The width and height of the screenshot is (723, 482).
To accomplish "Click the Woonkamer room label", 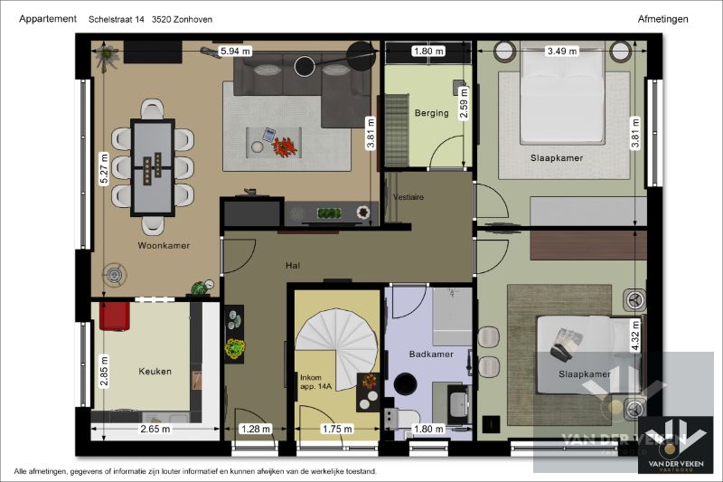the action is [x=164, y=245].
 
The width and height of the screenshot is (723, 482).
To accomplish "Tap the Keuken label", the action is [x=155, y=372].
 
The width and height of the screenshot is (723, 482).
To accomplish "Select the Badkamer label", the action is [x=431, y=354].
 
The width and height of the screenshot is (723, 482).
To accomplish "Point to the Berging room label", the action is [x=431, y=113].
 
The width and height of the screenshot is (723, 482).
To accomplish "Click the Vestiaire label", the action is [x=408, y=197].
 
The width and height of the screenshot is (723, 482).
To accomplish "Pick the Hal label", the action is [x=293, y=265].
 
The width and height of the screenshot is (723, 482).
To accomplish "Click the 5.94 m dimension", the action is [x=236, y=51].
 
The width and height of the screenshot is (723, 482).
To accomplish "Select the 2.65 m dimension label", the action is [x=155, y=429].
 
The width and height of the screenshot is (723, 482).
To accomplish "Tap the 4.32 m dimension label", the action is [x=635, y=336].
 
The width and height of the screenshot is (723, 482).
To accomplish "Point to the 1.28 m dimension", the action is [x=256, y=429].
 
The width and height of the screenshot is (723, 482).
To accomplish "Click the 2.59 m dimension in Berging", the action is [x=464, y=103].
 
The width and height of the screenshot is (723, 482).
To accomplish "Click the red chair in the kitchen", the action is [x=115, y=316].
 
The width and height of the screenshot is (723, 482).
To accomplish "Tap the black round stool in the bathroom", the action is [x=405, y=383].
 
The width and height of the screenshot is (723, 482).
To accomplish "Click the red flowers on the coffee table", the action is [x=285, y=146].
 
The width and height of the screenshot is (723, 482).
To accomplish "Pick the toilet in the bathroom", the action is [x=400, y=419].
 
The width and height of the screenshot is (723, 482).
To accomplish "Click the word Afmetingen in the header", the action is [x=662, y=19].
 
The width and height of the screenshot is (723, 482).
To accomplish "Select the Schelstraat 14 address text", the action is [x=117, y=19].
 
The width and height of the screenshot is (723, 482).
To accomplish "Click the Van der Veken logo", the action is [x=676, y=445].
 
